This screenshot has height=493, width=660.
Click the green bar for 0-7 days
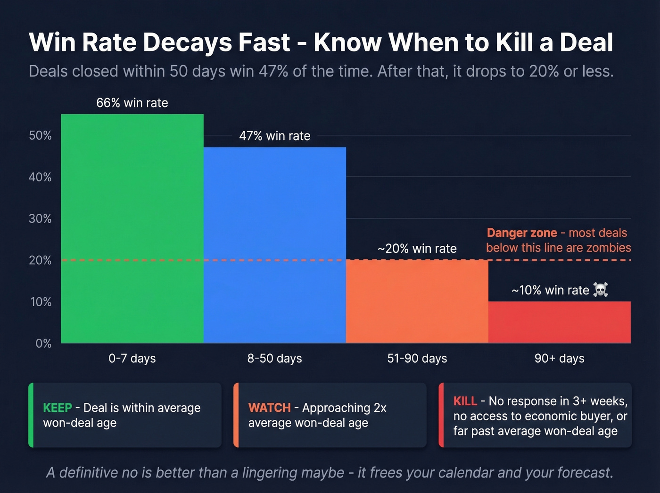(x=132, y=229)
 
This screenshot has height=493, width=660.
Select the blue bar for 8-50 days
(x=274, y=245)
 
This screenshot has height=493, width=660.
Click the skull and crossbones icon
(x=600, y=290)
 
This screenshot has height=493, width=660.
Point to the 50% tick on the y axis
(x=40, y=136)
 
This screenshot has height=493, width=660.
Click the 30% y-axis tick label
(x=40, y=219)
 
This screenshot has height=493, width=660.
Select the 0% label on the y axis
(x=43, y=343)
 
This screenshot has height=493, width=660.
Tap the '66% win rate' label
(x=132, y=103)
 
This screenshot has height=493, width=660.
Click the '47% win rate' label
(x=274, y=136)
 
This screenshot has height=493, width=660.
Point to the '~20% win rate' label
(x=417, y=249)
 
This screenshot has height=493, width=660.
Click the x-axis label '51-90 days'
(x=417, y=359)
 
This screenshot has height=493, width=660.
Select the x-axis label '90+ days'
(x=559, y=359)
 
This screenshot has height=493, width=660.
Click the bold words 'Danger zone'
(x=521, y=233)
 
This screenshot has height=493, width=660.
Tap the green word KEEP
(x=58, y=408)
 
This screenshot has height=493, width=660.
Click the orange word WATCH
(x=269, y=408)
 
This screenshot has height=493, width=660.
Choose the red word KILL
(x=465, y=401)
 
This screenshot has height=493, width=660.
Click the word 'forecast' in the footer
(x=584, y=473)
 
